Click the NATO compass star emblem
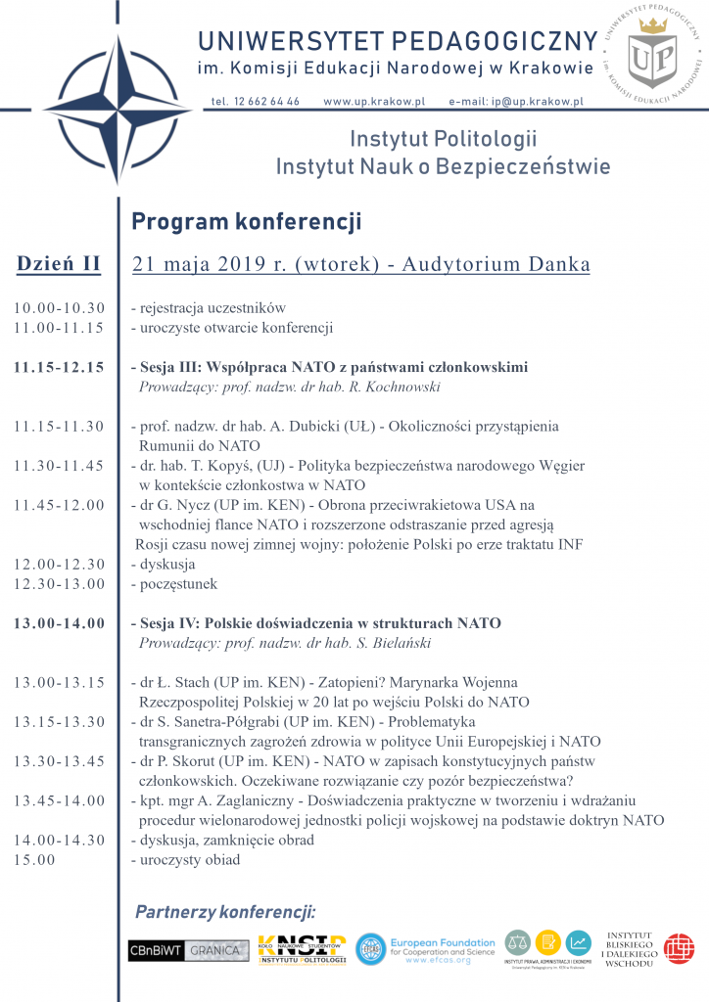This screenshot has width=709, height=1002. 111,108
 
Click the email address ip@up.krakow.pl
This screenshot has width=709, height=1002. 516,102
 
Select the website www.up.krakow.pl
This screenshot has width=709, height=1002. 374,102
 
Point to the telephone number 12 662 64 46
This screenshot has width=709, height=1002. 256,102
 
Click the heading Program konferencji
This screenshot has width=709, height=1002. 246,222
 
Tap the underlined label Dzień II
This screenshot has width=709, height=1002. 59,264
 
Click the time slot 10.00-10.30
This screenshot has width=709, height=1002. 59,308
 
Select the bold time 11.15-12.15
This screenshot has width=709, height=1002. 59,368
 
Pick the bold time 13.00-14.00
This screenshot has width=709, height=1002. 59,623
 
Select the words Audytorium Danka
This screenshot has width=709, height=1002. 505,264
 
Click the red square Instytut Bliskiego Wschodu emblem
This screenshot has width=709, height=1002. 679,948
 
